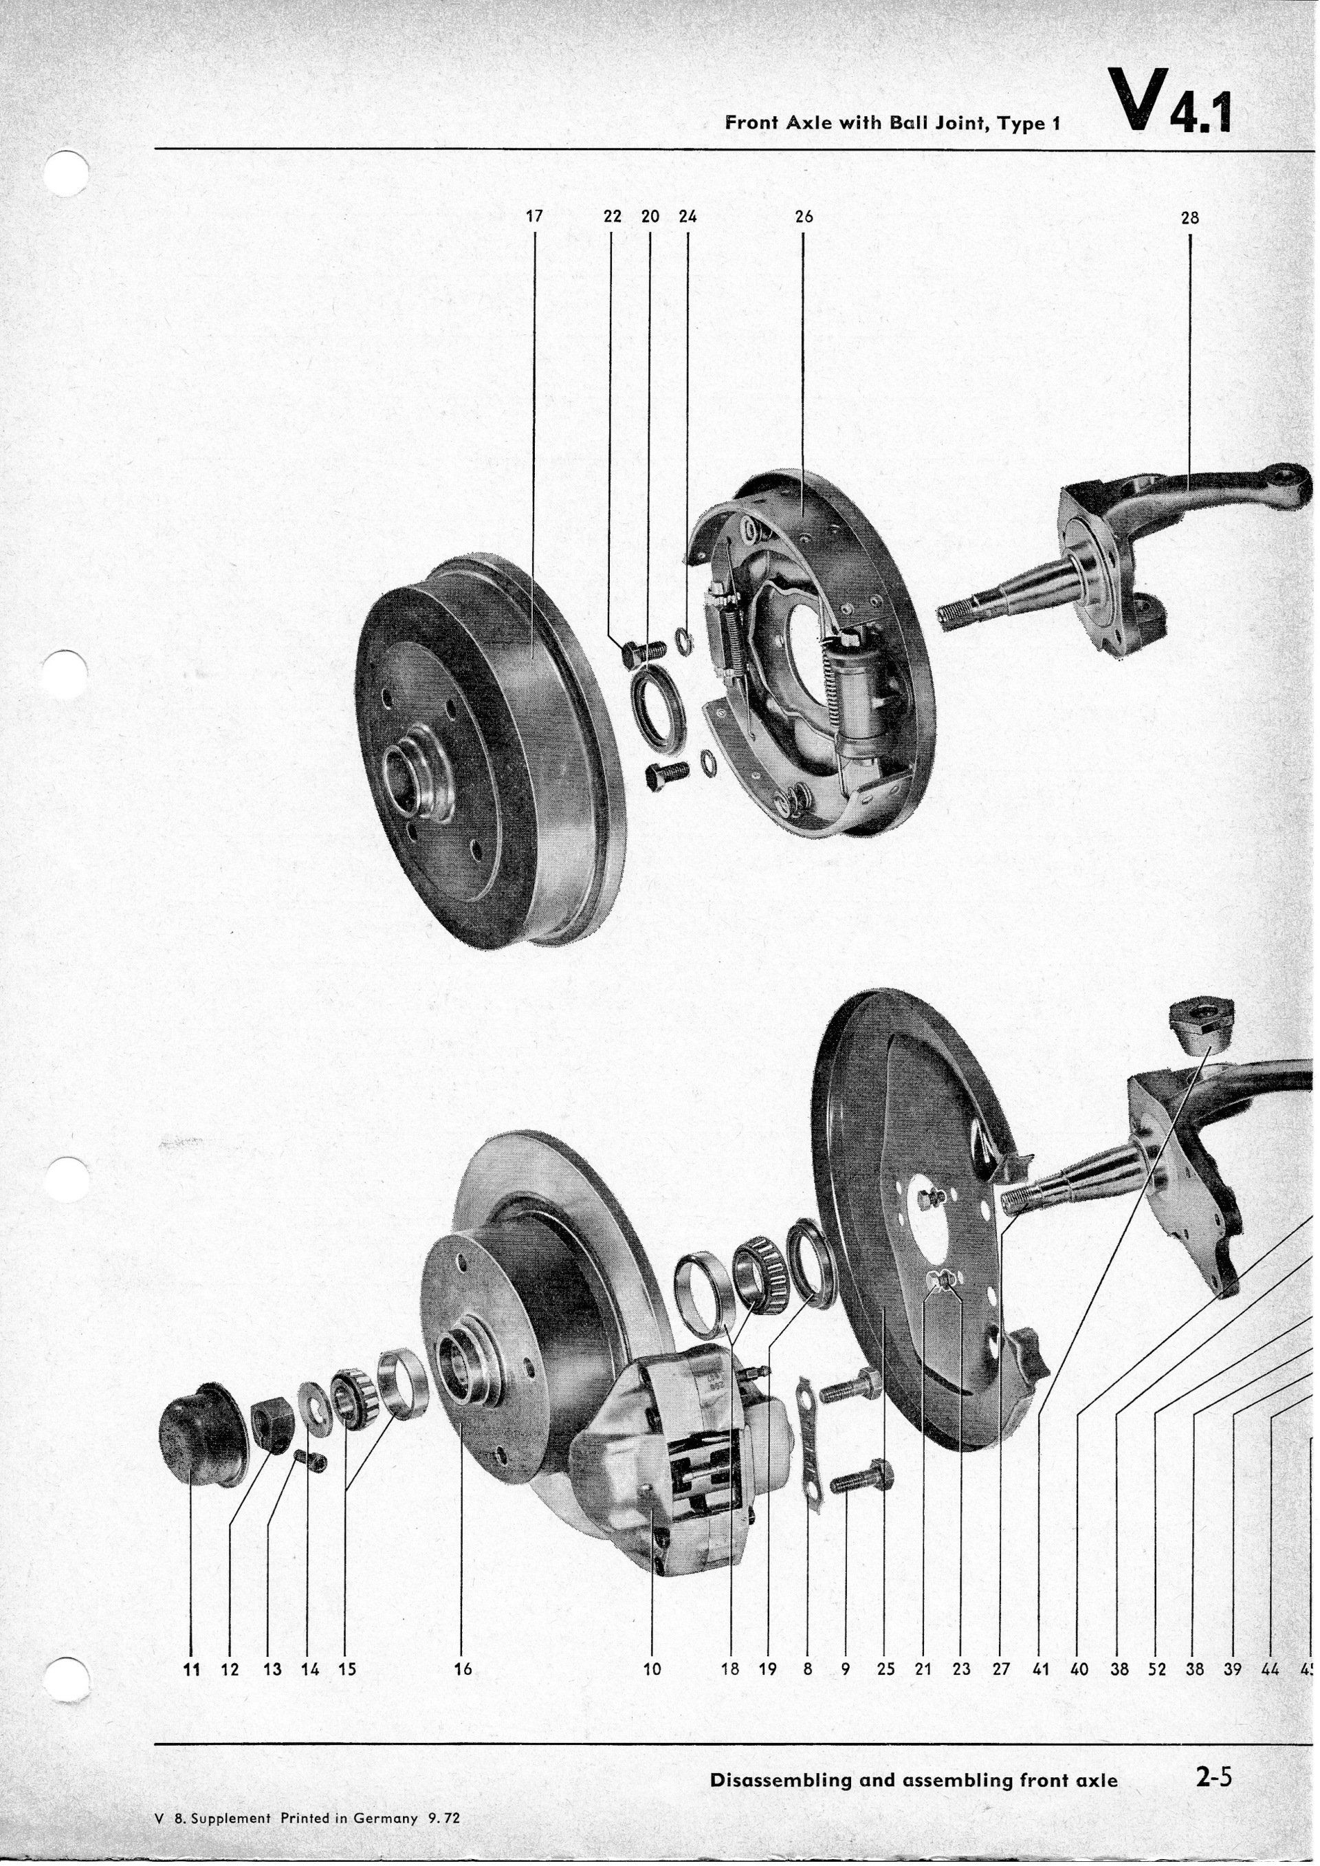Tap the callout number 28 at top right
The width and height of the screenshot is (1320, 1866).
point(1190,219)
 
